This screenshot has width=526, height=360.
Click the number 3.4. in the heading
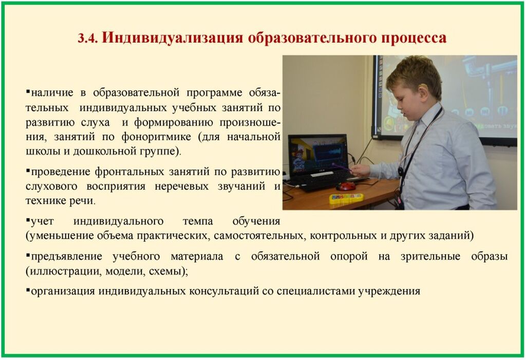(x=87, y=38)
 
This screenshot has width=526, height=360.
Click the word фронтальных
(x=129, y=172)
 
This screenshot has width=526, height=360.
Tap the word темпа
(x=198, y=221)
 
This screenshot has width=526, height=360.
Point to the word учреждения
(x=389, y=291)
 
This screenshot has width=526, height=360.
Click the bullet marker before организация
(x=28, y=289)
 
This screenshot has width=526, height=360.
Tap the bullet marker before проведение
(x=28, y=170)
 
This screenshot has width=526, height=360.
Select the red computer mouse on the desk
(x=346, y=186)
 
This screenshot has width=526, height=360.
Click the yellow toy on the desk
(x=346, y=198)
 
